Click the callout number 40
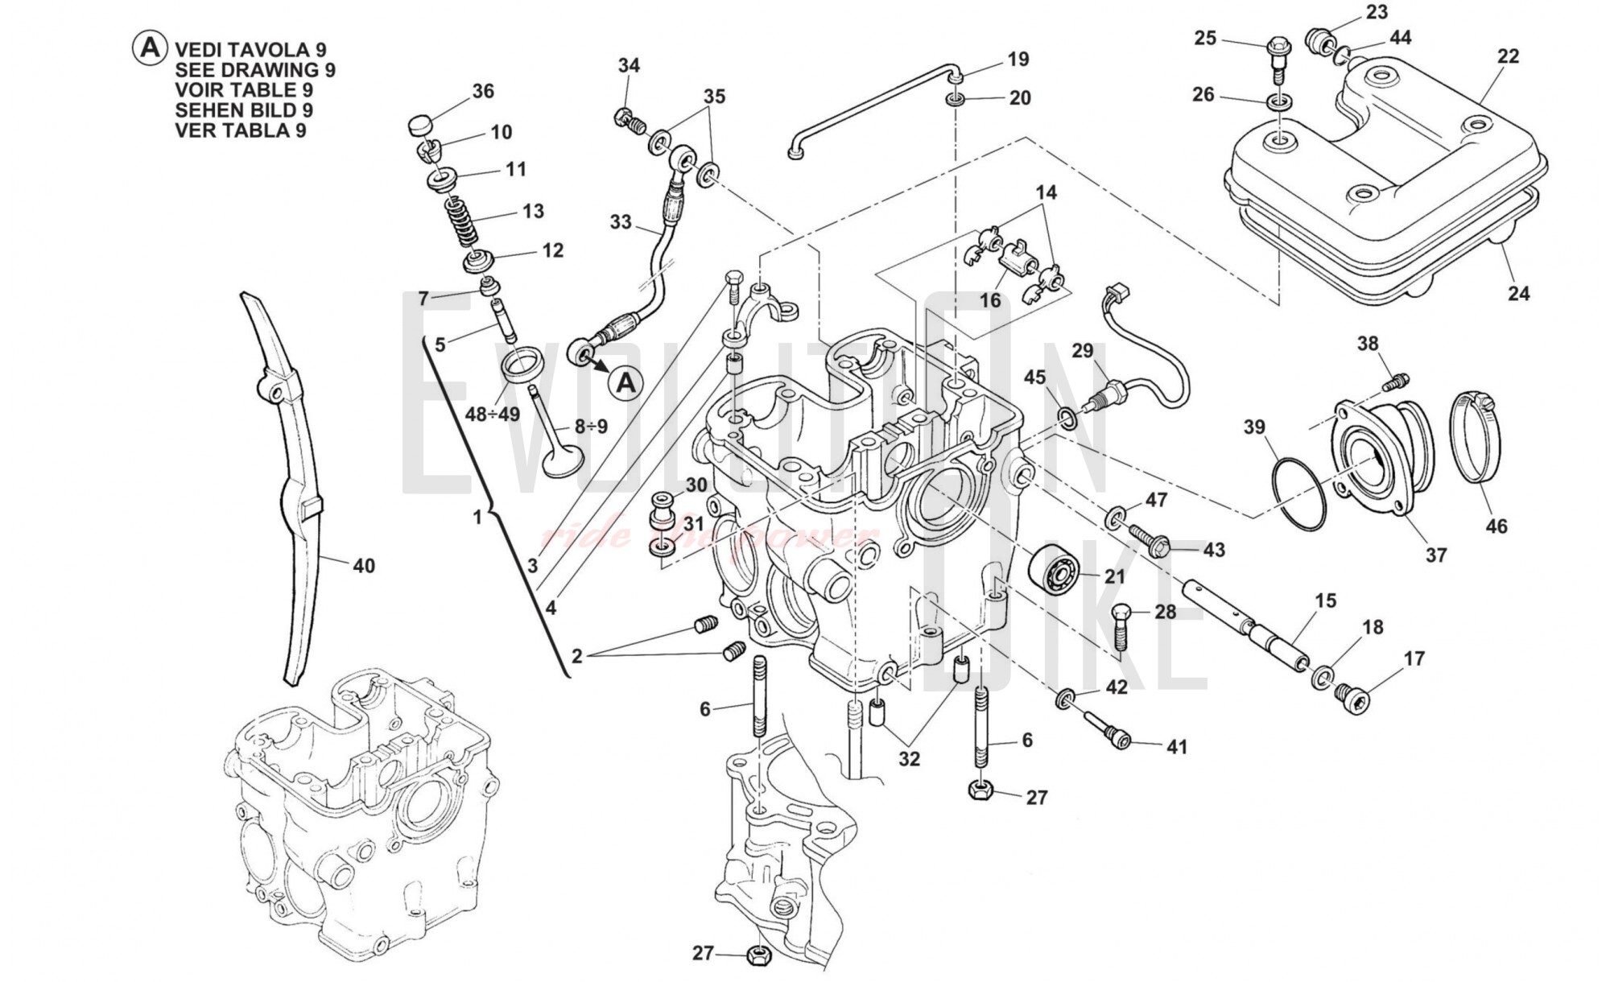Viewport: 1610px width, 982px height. coord(364,566)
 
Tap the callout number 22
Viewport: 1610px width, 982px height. coord(1508,56)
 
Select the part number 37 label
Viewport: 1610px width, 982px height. coord(1436,555)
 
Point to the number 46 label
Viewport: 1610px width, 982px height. coord(1496,526)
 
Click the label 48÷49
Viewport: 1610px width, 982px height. coord(492,415)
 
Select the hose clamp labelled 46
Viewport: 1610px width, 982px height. coord(1475,437)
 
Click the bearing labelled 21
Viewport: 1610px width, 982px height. coord(1054,571)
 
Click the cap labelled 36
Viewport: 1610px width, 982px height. coord(419,125)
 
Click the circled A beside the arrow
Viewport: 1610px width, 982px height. coord(626,383)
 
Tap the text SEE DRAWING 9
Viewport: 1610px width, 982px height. coord(254,70)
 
